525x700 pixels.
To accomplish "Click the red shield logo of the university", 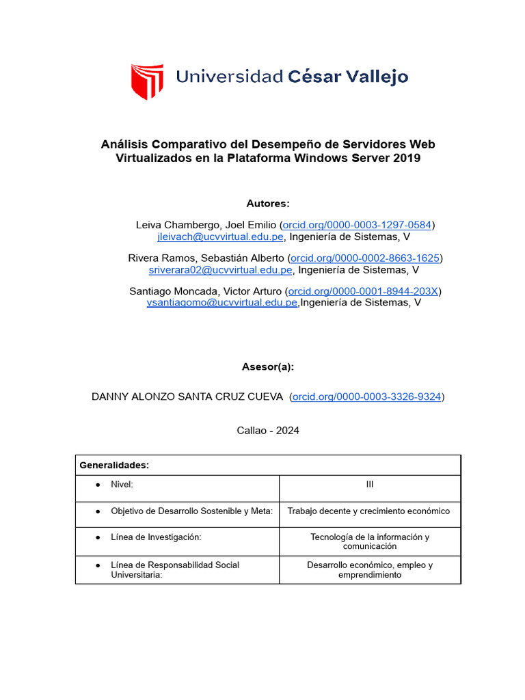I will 147,81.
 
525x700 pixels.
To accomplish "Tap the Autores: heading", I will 268,204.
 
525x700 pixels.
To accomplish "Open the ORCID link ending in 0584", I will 357,225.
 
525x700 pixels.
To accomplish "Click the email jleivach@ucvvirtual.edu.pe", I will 220,237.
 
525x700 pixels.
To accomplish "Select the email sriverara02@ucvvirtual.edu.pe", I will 221,269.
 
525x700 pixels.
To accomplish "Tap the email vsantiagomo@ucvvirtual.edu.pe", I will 222,302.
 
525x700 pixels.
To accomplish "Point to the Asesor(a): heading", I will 268,366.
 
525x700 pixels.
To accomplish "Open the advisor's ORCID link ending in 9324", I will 366,396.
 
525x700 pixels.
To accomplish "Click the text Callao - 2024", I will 268,431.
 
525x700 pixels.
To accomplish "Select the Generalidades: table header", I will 115,465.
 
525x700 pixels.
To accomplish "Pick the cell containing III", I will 370,485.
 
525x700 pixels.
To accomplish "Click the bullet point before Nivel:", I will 98,485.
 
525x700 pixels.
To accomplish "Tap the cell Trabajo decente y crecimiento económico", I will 369,511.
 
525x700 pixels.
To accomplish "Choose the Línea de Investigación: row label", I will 156,537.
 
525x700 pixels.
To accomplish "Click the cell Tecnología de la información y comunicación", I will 370,541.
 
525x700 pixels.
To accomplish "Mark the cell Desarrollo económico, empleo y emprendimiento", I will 370,570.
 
